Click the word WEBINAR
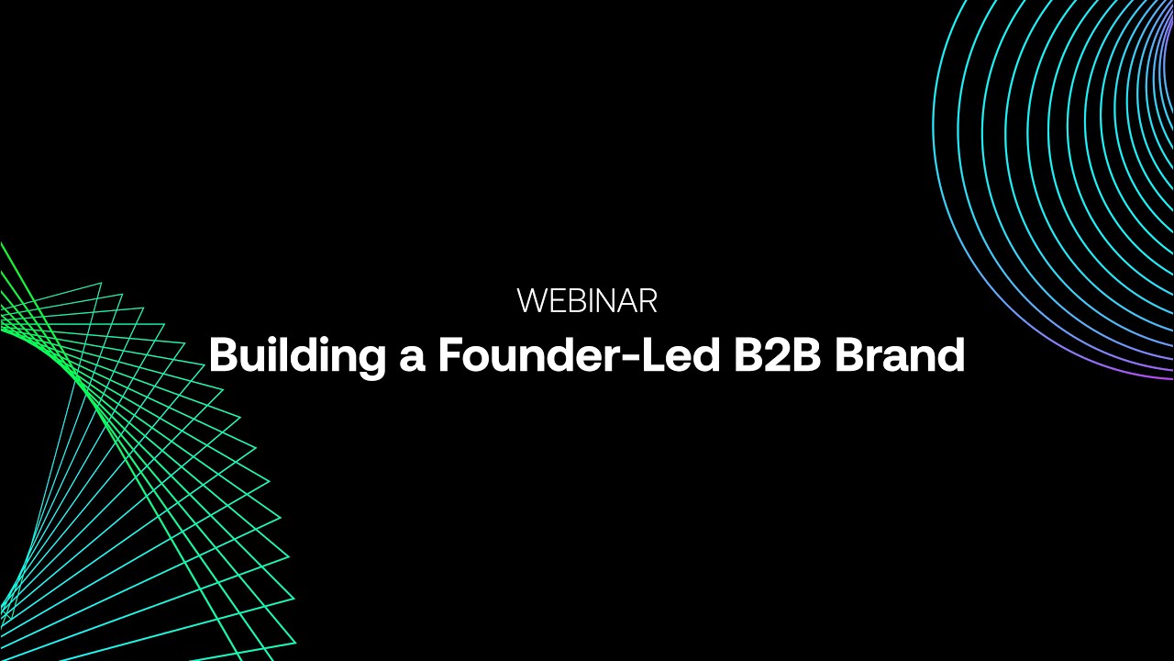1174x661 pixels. pyautogui.click(x=587, y=301)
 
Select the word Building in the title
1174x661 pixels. pyautogui.click(x=294, y=356)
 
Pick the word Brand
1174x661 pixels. pyautogui.click(x=900, y=355)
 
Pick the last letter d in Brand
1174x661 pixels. pyautogui.click(x=952, y=355)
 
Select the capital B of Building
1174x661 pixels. pyautogui.click(x=222, y=355)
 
